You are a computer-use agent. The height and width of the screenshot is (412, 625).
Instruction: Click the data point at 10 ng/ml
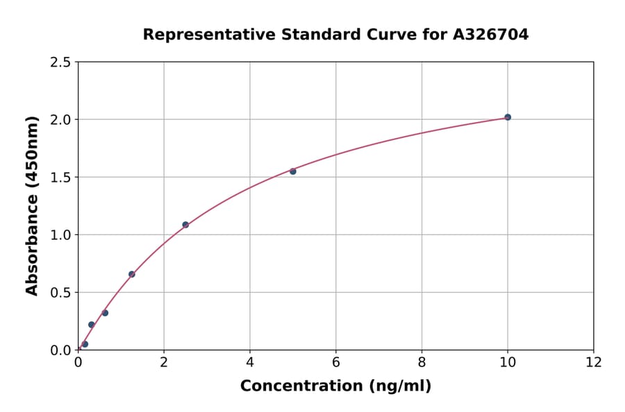pos(508,117)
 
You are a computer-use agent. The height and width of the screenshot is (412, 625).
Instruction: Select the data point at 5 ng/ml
pos(293,171)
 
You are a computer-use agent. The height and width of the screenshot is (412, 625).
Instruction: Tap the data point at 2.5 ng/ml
pos(185,225)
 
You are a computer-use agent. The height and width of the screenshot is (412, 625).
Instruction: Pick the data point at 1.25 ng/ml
pos(132,274)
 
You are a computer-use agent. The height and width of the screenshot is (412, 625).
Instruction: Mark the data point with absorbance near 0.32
pos(105,313)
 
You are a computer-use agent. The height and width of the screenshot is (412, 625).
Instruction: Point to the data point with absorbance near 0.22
pos(92,325)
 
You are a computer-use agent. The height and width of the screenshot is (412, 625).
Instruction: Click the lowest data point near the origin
pos(85,344)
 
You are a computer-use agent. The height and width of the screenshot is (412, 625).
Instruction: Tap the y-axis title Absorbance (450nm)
pos(32,206)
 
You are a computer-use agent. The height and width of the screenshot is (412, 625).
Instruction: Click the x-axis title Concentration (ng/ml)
pos(335,386)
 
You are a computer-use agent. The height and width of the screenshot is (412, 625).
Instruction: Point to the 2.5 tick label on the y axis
pos(61,62)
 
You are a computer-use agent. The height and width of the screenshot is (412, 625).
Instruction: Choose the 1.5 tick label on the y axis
pos(61,178)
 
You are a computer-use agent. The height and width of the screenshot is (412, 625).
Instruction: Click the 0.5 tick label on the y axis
pos(61,293)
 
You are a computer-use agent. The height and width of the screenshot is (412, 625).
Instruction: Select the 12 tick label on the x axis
pos(594,362)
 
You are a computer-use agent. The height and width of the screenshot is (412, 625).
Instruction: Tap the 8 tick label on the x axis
pos(422,362)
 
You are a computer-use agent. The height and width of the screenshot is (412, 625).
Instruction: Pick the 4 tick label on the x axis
pos(250,362)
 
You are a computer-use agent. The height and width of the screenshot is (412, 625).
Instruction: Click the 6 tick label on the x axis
pos(336,362)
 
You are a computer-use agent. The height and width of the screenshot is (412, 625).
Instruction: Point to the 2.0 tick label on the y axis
pos(61,120)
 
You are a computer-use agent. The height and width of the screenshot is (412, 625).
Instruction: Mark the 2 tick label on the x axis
pos(164,362)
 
